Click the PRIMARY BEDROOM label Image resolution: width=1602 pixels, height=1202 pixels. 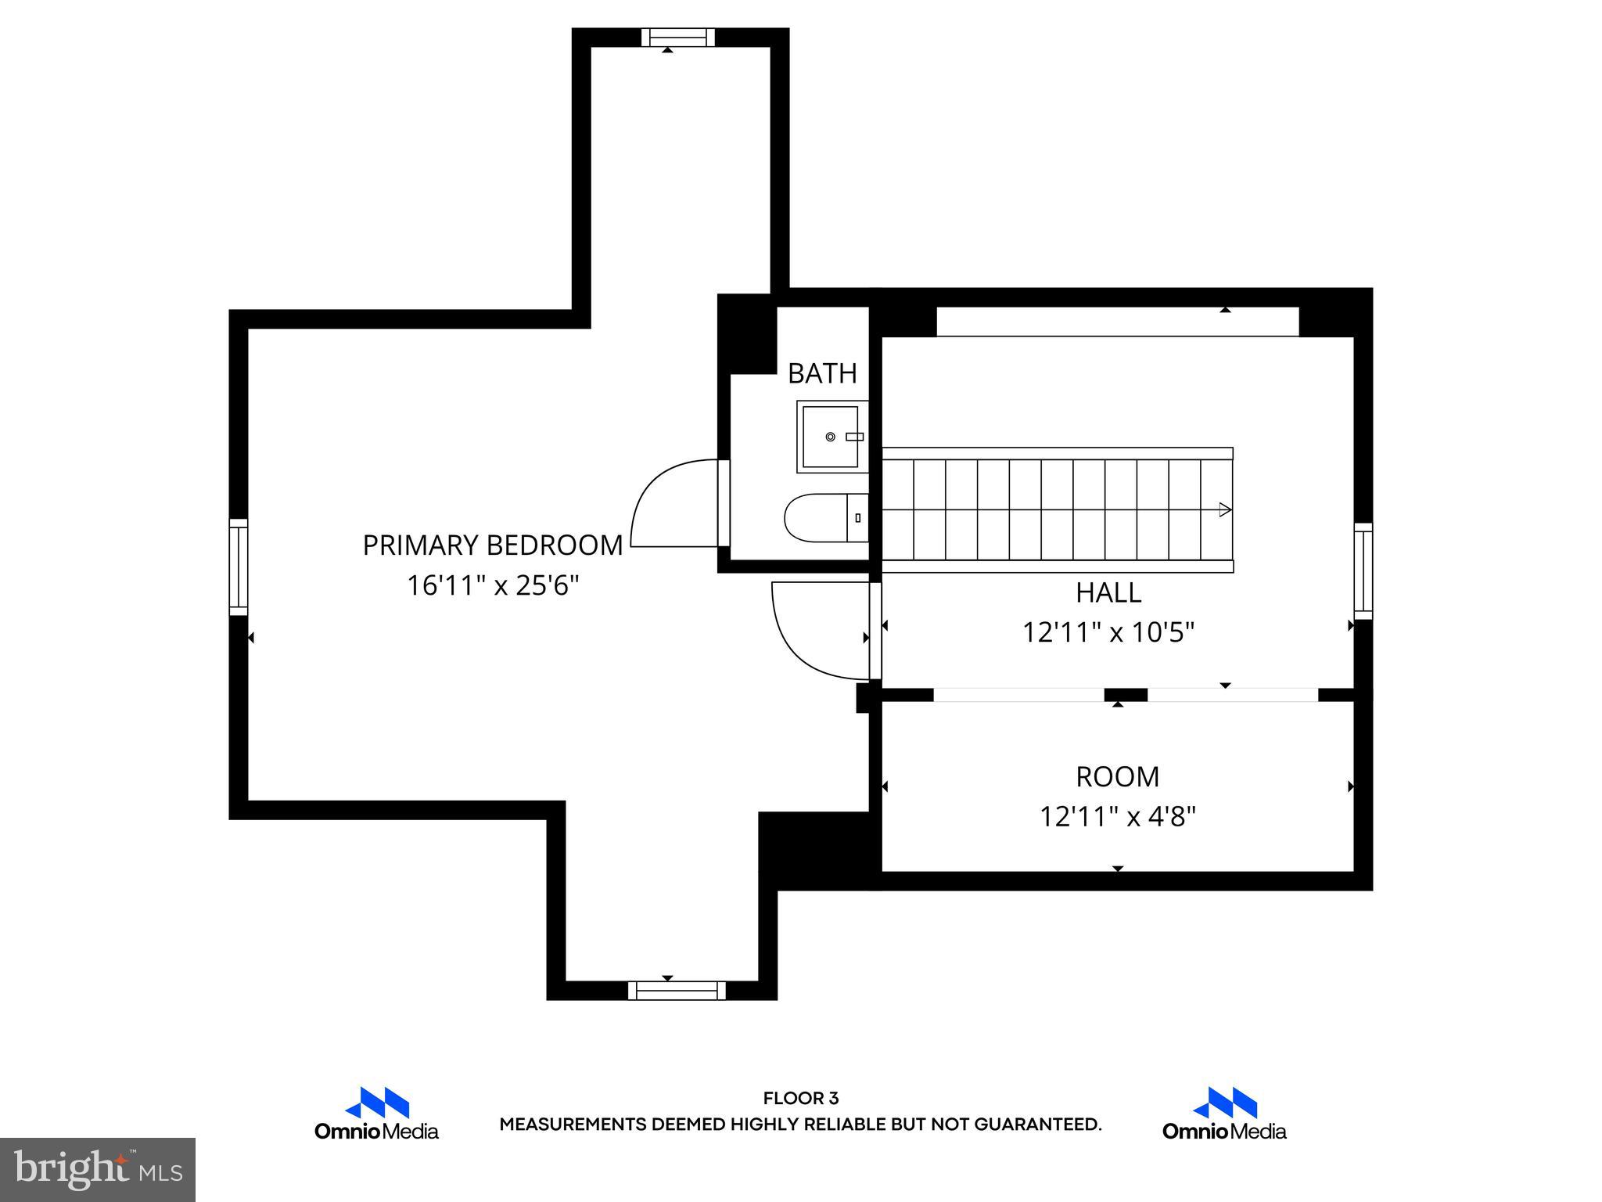[x=493, y=545]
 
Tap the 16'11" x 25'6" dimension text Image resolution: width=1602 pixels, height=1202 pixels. [x=493, y=585]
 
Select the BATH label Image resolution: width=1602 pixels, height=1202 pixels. [x=822, y=374]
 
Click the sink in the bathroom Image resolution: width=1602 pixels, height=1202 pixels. [x=832, y=437]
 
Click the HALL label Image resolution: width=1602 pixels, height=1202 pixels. [x=1108, y=593]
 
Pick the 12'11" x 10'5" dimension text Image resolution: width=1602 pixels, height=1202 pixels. [x=1108, y=632]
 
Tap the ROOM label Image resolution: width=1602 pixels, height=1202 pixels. [x=1117, y=777]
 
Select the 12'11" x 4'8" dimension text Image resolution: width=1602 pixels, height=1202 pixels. [x=1117, y=817]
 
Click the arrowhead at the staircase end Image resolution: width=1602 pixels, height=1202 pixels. [x=1225, y=509]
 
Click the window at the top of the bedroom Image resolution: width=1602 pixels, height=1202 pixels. [x=678, y=38]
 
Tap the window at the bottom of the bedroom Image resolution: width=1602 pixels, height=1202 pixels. [x=677, y=991]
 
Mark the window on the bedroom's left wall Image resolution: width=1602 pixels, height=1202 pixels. [x=238, y=567]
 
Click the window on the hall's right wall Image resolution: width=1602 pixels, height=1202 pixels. [x=1363, y=571]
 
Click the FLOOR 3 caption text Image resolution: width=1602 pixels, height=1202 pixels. [x=800, y=1099]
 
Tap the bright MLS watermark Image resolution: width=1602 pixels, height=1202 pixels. [x=97, y=1169]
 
